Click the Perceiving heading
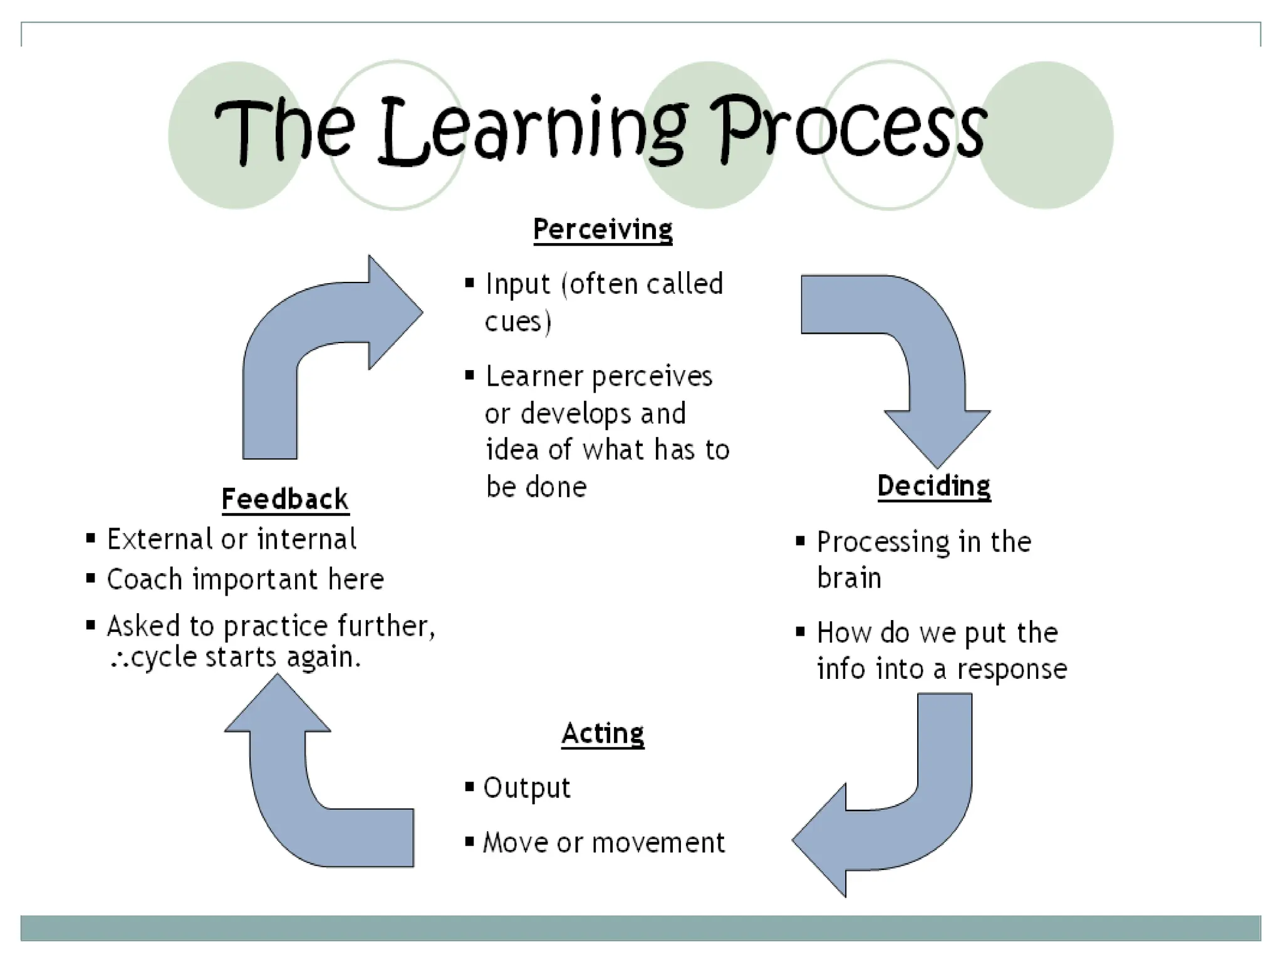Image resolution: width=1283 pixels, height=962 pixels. pyautogui.click(x=603, y=229)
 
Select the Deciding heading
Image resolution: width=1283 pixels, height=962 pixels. pyautogui.click(x=933, y=486)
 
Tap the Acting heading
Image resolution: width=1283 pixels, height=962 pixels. pyautogui.click(x=603, y=733)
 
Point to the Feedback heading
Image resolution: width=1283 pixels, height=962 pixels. pyautogui.click(x=285, y=499)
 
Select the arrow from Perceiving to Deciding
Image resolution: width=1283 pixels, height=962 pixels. pyautogui.click(x=915, y=351)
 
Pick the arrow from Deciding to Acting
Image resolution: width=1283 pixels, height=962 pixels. pyautogui.click(x=908, y=814)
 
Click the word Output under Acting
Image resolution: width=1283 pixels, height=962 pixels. pyautogui.click(x=527, y=788)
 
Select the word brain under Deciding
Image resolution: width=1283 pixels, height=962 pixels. pyautogui.click(x=849, y=577)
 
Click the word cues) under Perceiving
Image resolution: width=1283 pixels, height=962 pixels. pyautogui.click(x=518, y=322)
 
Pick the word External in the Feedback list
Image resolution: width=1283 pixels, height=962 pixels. pyautogui.click(x=160, y=539)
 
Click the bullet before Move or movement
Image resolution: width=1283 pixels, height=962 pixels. pyautogui.click(x=469, y=840)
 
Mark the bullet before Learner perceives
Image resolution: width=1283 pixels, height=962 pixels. pyautogui.click(x=470, y=375)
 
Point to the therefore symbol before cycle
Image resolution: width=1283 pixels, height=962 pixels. pyautogui.click(x=120, y=659)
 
